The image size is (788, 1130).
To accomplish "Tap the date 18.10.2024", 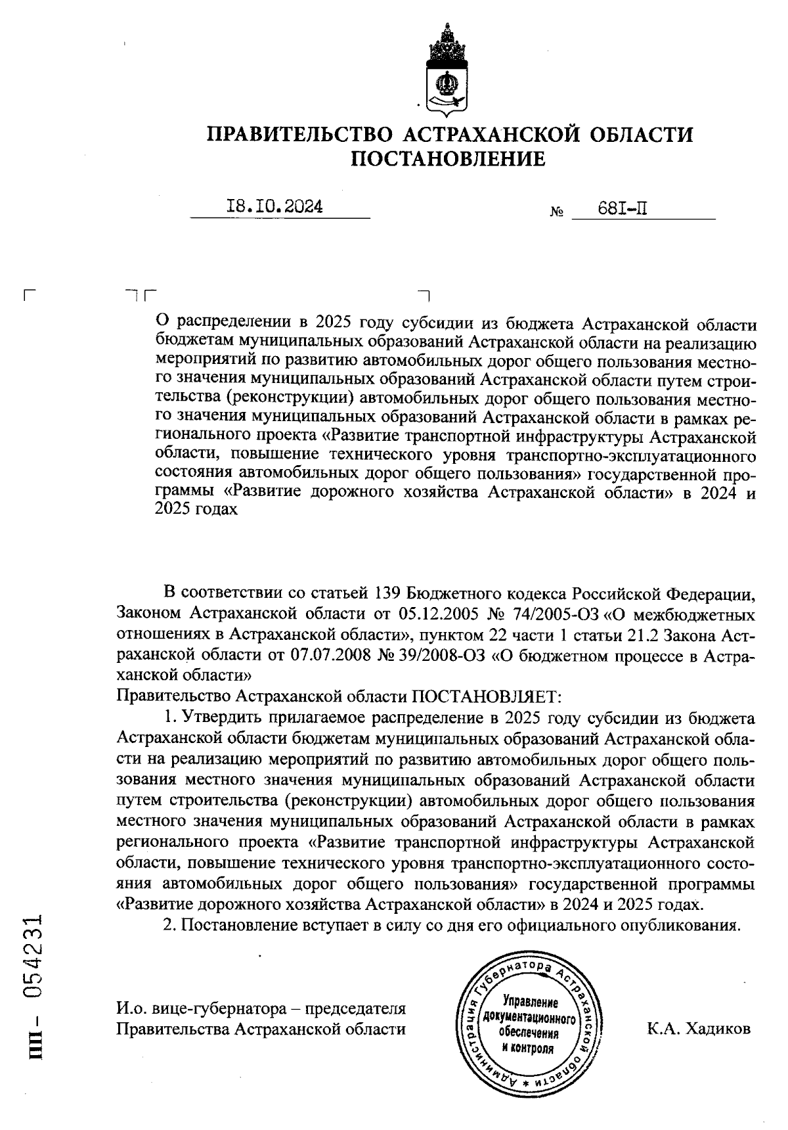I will (x=274, y=207).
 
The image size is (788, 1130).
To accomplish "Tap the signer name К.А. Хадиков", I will (x=698, y=1029).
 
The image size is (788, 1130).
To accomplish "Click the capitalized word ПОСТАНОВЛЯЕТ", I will (x=487, y=695).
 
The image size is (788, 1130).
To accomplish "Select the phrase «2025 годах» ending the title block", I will (x=196, y=509).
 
